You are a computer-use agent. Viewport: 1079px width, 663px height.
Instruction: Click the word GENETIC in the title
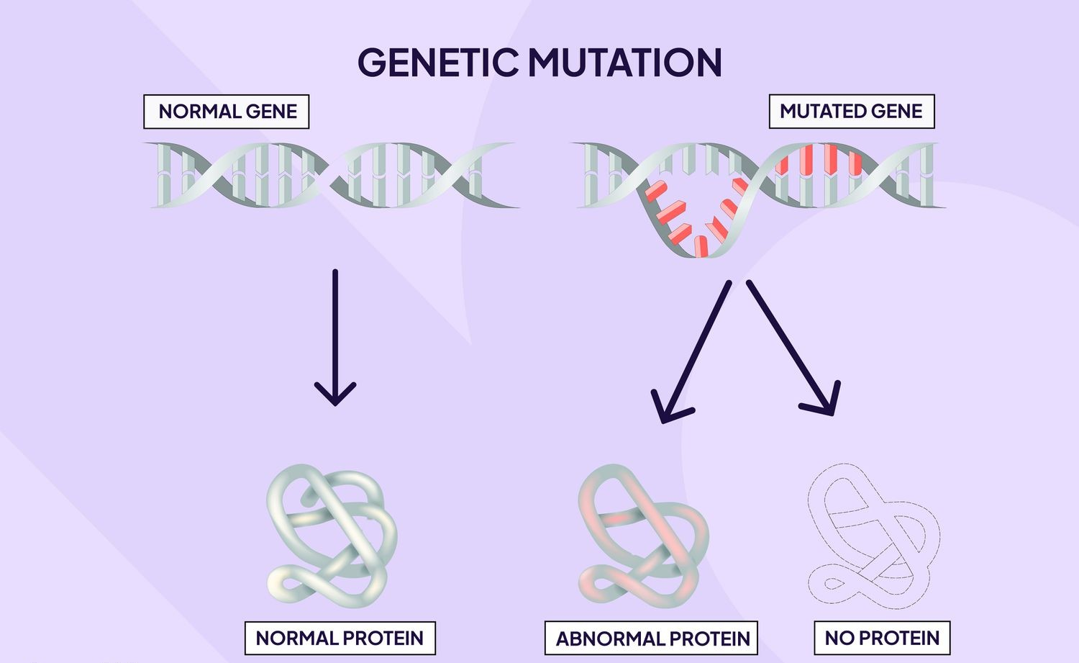pos(438,62)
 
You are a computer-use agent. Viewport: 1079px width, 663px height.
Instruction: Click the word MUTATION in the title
pos(625,62)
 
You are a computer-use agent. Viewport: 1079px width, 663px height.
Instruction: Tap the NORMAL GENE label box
pos(227,112)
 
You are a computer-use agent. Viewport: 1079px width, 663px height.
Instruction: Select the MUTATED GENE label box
pos(852,112)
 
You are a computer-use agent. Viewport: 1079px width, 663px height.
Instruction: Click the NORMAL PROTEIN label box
pos(340,638)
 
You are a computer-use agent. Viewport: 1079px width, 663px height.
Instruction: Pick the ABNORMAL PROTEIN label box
pos(651,638)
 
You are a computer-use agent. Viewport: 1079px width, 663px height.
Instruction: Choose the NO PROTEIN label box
pos(883,638)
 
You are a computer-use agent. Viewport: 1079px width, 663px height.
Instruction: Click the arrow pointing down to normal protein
pos(335,338)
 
